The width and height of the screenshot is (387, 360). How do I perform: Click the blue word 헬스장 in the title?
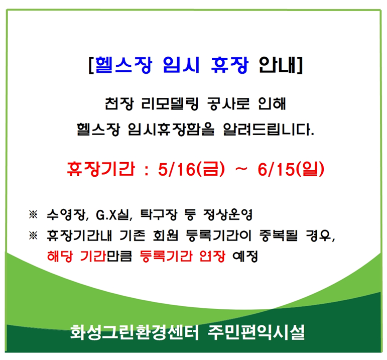123,65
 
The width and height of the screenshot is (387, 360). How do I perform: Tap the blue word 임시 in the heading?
181,65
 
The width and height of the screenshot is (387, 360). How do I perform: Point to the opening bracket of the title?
91,65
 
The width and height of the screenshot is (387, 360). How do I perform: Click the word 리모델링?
170,103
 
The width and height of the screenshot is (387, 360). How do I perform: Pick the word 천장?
119,103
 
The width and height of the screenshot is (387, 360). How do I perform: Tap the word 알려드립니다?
269,129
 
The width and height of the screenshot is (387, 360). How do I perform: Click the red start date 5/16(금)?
192,169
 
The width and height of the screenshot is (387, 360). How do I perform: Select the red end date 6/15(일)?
291,169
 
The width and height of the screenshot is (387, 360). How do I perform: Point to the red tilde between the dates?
241,169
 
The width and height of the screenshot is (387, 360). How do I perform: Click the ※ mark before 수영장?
33,214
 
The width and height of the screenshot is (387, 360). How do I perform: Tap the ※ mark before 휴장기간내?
33,235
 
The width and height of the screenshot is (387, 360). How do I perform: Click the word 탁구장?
159,214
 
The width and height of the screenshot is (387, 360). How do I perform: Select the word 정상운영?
228,214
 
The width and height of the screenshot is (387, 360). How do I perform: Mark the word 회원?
165,235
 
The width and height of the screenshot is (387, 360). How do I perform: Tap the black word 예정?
245,256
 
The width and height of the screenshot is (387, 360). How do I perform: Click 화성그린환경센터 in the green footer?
135,332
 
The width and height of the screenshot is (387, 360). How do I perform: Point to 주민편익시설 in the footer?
256,332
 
